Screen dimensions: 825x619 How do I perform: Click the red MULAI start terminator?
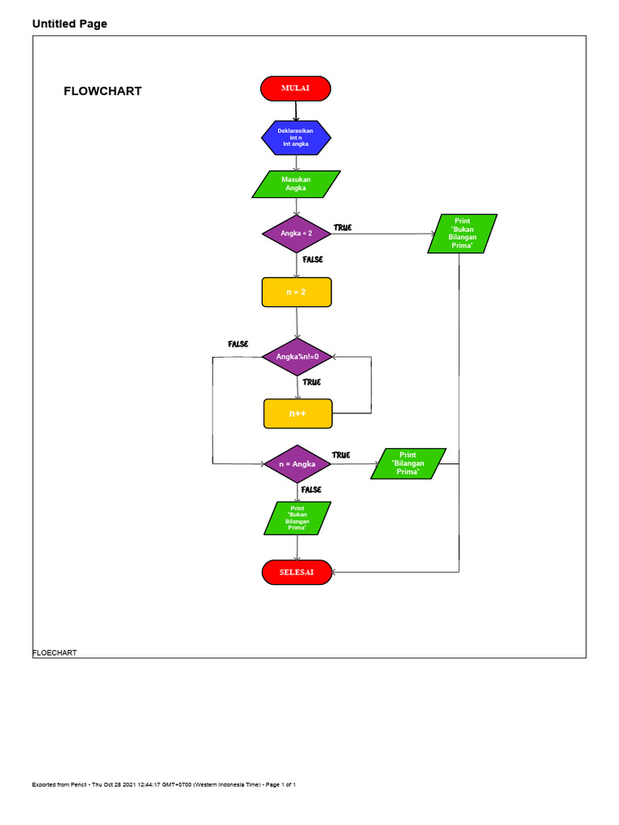point(295,89)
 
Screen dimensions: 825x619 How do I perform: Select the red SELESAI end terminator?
point(297,572)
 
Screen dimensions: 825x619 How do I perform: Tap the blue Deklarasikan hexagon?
point(295,138)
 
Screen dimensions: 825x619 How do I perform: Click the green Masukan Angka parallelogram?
point(296,184)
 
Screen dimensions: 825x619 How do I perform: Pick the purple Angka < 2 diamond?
point(297,234)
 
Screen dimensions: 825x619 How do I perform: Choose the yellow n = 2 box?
point(296,292)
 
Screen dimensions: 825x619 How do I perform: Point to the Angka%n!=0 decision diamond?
point(298,356)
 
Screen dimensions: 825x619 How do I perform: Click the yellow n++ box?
point(298,413)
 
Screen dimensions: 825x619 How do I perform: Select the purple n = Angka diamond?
point(297,464)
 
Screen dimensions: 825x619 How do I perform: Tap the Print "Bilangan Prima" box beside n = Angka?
point(408,464)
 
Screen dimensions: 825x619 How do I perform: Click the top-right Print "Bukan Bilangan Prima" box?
point(463,233)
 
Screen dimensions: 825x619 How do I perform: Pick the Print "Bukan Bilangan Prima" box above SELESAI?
point(297,518)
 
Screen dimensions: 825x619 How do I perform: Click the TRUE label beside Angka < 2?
point(343,228)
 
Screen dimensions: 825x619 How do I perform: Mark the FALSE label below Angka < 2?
point(313,259)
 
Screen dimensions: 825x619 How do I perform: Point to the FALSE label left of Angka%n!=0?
point(238,344)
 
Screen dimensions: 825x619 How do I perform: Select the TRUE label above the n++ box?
point(312,382)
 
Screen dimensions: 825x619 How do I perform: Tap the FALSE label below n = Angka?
point(311,490)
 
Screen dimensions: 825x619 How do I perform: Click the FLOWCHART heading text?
point(102,91)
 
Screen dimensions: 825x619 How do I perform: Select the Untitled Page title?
point(69,24)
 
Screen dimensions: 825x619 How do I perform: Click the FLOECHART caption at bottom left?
point(55,653)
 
